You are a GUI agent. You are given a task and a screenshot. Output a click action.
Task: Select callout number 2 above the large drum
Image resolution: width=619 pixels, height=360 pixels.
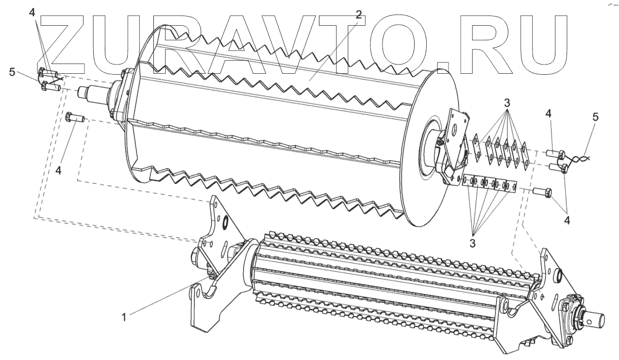pos(358,15)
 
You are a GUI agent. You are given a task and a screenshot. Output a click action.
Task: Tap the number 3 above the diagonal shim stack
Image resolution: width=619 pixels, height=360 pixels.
pos(506,103)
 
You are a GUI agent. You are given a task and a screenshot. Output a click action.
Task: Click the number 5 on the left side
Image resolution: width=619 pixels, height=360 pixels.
pos(13,73)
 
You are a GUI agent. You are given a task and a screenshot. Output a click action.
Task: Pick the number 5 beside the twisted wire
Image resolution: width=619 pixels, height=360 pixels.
pos(595,117)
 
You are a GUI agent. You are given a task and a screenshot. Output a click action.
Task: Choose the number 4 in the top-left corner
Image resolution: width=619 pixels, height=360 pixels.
pos(32,13)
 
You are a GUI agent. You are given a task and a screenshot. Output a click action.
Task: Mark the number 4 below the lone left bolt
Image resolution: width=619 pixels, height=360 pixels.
pos(58,171)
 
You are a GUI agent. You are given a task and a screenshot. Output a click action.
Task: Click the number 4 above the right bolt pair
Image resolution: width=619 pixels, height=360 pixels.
pos(548,114)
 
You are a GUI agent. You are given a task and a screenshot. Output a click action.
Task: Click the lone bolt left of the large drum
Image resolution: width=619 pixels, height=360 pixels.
pos(75,118)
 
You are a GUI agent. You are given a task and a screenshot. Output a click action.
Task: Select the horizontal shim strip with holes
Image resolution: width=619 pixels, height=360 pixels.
pos(488,184)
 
